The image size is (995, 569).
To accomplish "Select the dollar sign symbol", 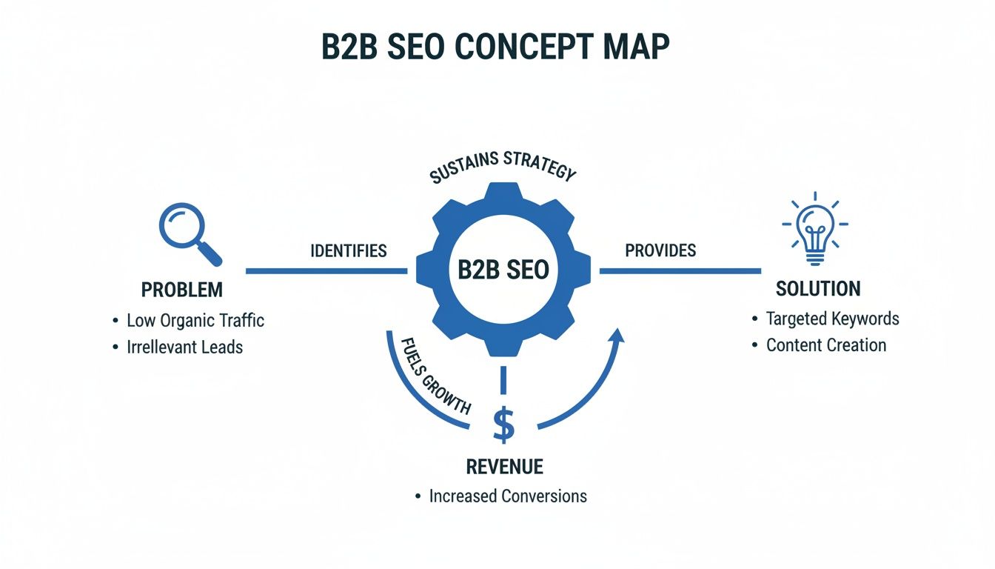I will pyautogui.click(x=503, y=424).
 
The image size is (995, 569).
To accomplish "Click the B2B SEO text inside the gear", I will pyautogui.click(x=503, y=270).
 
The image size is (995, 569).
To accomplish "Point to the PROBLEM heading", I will pyautogui.click(x=181, y=290).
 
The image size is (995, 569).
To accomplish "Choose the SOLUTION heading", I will pyautogui.click(x=818, y=288).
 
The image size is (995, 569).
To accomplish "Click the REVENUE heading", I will pyautogui.click(x=504, y=467).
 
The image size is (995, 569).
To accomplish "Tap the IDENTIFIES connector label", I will pyautogui.click(x=348, y=250).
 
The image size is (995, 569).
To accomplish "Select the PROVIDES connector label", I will pyautogui.click(x=660, y=250).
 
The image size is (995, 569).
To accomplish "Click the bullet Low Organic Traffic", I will pyautogui.click(x=195, y=321).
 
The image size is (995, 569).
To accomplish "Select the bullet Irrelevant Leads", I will pyautogui.click(x=184, y=347).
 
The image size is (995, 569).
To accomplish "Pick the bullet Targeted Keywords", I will pyautogui.click(x=832, y=319).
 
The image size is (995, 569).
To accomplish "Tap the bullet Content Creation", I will pyautogui.click(x=825, y=345).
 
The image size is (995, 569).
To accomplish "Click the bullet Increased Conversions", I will pyautogui.click(x=507, y=496).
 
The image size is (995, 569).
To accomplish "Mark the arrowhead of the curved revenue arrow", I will pyautogui.click(x=617, y=334).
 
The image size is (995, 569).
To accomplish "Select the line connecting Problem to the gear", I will pyautogui.click(x=326, y=271).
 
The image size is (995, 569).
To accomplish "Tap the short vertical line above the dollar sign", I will pyautogui.click(x=503, y=379).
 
